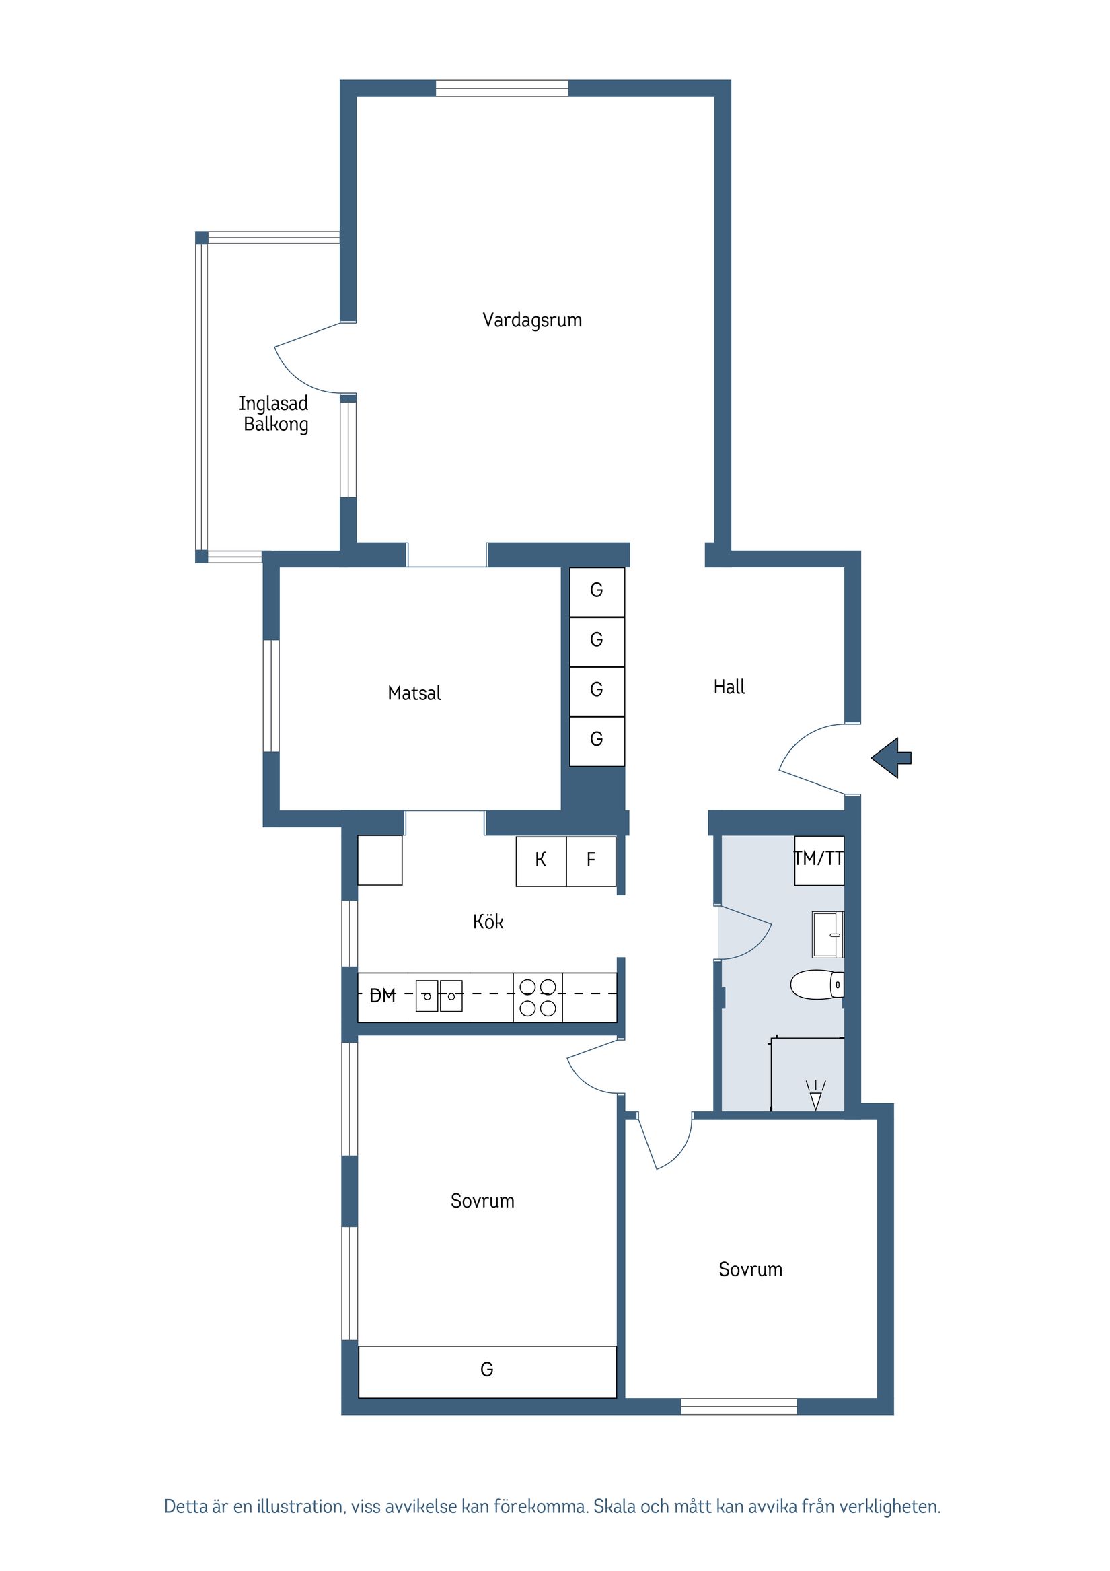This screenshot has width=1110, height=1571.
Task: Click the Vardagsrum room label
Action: [x=531, y=320]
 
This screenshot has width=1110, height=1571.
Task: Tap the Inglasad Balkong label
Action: [x=274, y=413]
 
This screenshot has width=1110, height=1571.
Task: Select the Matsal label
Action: [x=414, y=693]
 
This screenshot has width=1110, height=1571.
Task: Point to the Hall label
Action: [x=729, y=687]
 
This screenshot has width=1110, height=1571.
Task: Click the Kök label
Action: [x=488, y=921]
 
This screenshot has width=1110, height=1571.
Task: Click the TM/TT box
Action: [x=819, y=860]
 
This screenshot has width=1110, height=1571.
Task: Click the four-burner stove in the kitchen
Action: [x=538, y=998]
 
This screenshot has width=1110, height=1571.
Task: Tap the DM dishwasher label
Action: [x=382, y=996]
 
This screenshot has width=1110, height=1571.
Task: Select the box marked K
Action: [x=540, y=860]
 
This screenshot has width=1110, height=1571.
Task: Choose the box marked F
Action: [x=591, y=860]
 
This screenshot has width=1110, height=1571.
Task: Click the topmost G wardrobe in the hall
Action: [x=597, y=590]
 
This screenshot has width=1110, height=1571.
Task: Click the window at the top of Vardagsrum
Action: [x=501, y=88]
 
